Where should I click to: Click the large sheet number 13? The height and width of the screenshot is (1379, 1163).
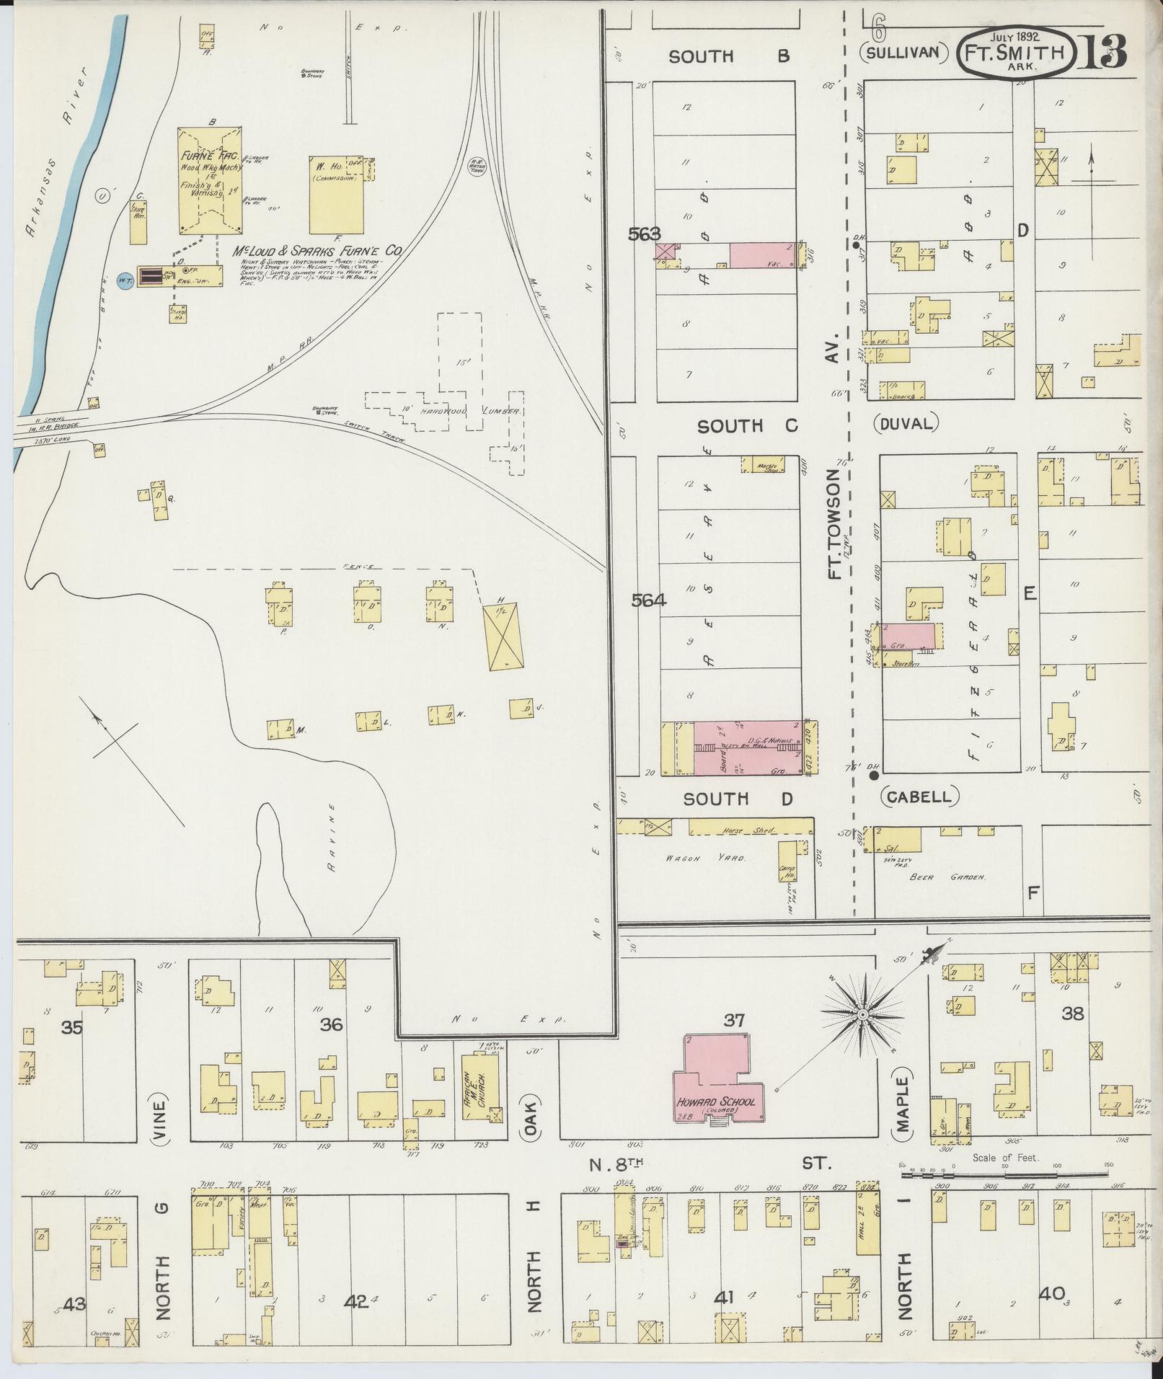tap(1102, 52)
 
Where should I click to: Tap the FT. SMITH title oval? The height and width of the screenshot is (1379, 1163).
tap(1017, 51)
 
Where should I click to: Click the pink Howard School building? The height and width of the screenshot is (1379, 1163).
tap(718, 1081)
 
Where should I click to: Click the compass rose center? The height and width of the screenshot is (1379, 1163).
tap(862, 1015)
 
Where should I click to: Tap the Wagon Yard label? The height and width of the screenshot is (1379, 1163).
tap(705, 857)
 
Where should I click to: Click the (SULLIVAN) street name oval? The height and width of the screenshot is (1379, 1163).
tap(902, 52)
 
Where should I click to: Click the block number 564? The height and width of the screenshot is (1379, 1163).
tap(648, 600)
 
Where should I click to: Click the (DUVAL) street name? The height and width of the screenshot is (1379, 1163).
tap(907, 423)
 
